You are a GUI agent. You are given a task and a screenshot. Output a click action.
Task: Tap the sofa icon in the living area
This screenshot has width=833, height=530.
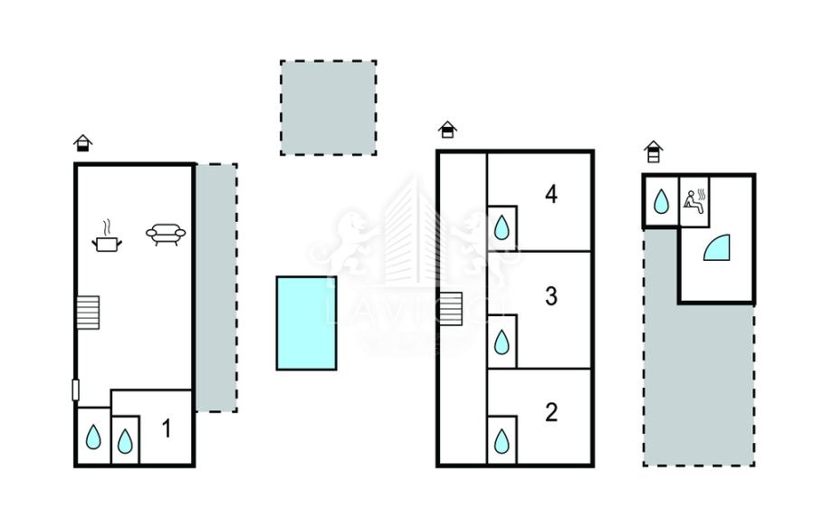(166, 235)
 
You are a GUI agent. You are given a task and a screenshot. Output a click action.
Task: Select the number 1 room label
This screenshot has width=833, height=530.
(167, 429)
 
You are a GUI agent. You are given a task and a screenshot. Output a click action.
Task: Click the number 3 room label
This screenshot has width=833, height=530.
(551, 296)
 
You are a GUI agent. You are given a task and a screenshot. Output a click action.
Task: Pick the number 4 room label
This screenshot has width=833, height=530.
(551, 194)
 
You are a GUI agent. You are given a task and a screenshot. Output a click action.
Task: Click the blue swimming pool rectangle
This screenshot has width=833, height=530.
(306, 323)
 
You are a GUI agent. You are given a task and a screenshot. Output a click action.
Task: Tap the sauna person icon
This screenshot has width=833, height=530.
(694, 199)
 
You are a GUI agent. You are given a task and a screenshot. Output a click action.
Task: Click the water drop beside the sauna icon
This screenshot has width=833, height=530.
(662, 201)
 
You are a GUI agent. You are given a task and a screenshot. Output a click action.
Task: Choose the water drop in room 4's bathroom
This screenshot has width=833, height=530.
(502, 226)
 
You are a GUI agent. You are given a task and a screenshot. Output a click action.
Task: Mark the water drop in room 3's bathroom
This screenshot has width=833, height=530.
(502, 342)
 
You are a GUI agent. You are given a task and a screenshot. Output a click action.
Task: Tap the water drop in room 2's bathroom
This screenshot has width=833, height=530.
(502, 441)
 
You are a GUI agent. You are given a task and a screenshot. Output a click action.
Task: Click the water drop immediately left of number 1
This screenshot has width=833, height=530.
(125, 441)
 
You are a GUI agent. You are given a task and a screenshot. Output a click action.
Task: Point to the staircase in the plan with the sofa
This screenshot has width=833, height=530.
(87, 313)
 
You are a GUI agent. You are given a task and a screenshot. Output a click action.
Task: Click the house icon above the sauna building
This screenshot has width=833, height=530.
(654, 150)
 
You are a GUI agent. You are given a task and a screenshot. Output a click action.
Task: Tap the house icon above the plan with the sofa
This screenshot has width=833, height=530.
(83, 142)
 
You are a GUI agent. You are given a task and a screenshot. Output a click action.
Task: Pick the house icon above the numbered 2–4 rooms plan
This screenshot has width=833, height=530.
(447, 130)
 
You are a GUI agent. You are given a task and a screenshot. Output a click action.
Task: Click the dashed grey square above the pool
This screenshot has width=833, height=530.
(328, 107)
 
